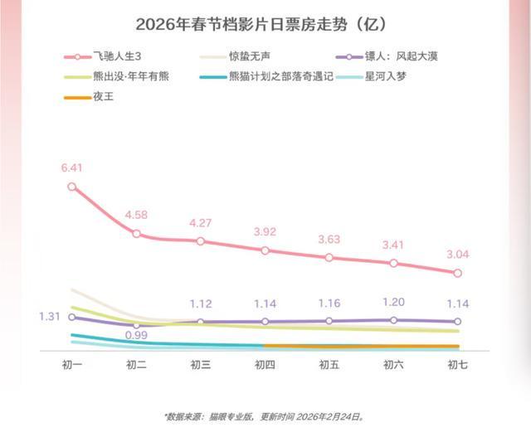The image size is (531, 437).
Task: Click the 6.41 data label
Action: click(73, 169)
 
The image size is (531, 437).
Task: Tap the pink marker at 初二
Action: click(137, 235)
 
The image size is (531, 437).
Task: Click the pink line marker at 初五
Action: click(329, 258)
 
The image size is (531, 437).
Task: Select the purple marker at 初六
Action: click(393, 320)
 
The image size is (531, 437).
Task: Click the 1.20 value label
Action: click(393, 303)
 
